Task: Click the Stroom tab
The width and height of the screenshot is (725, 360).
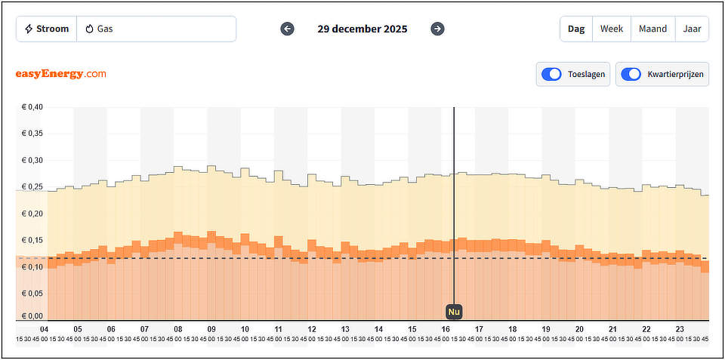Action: [47, 29]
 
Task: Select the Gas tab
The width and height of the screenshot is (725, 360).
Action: [100, 29]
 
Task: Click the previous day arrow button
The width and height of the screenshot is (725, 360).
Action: [287, 29]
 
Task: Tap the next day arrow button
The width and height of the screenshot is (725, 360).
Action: [437, 29]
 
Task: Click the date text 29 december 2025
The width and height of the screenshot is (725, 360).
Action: [362, 29]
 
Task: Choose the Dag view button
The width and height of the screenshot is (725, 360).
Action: [576, 29]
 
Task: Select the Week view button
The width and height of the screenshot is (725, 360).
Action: [612, 29]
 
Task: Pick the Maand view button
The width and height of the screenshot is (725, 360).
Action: [652, 29]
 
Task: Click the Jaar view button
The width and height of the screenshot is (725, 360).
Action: [692, 29]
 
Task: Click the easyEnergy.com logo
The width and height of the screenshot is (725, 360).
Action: [60, 74]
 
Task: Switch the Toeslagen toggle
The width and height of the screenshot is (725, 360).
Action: [552, 74]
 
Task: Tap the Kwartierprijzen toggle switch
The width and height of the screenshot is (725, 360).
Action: [631, 74]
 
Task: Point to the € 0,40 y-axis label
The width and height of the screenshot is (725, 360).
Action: [32, 107]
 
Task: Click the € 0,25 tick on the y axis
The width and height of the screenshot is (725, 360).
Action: [32, 187]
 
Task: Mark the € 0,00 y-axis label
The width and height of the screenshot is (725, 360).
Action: [32, 316]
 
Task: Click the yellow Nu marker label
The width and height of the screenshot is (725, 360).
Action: [453, 311]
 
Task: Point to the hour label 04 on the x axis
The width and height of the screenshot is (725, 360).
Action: [44, 330]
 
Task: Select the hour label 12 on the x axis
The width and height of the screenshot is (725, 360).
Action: [312, 330]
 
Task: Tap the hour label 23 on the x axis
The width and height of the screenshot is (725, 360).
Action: [680, 330]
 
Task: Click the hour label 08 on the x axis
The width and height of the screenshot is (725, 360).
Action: [178, 330]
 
